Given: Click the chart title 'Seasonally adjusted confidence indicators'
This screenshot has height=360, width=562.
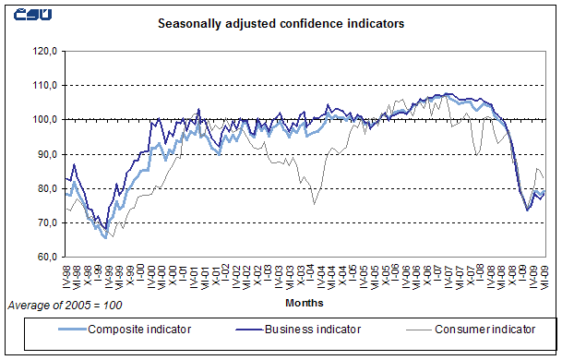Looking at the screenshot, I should pos(281,25).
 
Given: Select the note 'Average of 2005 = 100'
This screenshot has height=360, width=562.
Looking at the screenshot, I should pos(64,304).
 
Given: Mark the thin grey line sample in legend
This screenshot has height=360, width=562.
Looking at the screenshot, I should pos(410,328).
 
